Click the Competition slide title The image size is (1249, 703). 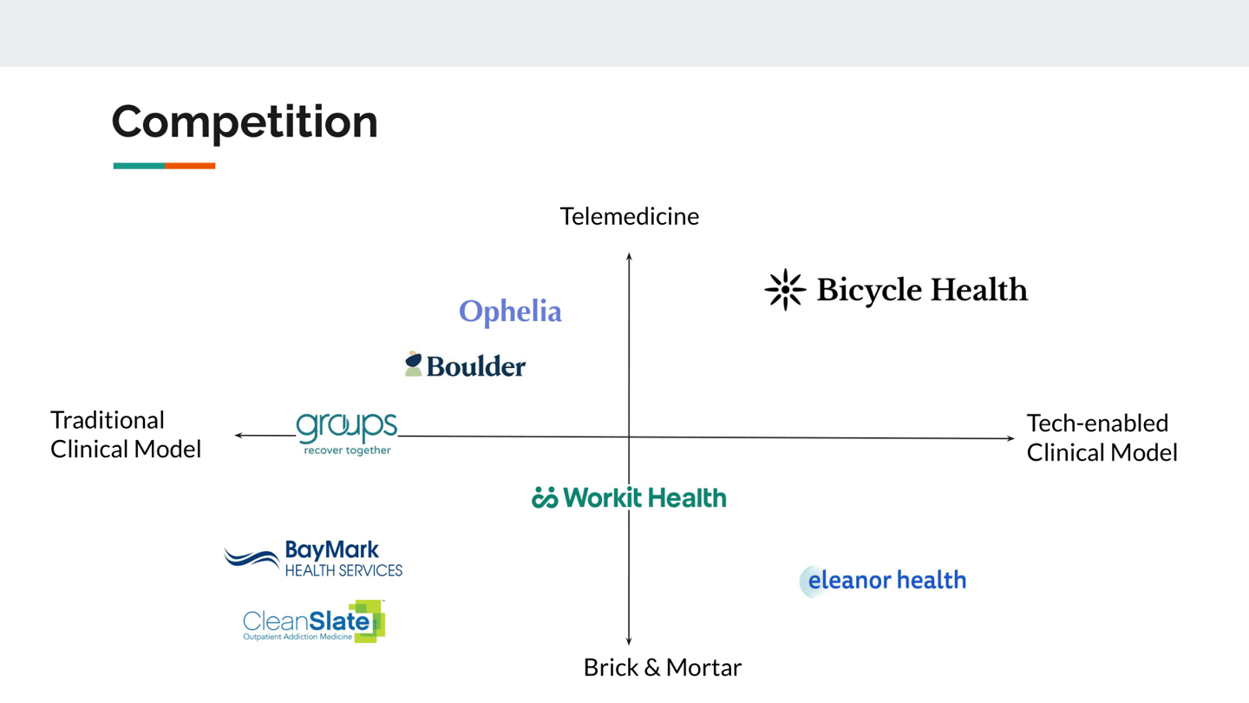click(245, 123)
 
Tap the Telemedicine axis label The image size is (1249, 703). click(630, 216)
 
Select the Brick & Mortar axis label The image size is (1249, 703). click(663, 667)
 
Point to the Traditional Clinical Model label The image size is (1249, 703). click(126, 435)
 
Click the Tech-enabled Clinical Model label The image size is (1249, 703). click(1102, 438)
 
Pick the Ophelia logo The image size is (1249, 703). click(510, 312)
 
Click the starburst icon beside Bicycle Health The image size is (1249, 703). click(785, 289)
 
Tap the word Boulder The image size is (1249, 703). click(475, 366)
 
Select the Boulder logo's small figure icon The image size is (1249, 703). click(413, 364)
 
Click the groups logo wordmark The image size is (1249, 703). click(346, 427)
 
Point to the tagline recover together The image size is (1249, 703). click(347, 450)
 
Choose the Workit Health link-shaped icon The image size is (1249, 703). click(545, 497)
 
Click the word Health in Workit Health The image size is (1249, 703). click(686, 497)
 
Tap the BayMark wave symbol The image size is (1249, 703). click(252, 558)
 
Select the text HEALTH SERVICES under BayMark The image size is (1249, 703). click(343, 570)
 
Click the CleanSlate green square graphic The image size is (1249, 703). click(370, 621)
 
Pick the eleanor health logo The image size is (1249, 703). click(883, 581)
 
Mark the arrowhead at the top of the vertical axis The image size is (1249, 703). click(629, 257)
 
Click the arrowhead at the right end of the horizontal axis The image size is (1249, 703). click(1010, 438)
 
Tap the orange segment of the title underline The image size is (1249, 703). click(190, 166)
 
